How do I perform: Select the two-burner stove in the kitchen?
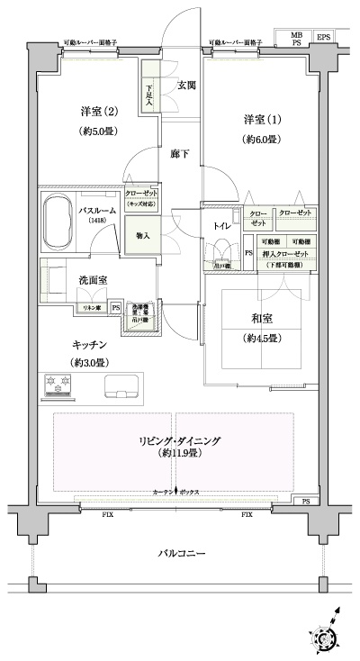59,386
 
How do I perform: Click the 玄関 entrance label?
186,86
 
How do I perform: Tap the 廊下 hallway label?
181,154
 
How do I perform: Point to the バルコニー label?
180,552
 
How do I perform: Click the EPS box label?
323,37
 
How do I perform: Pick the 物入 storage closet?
142,236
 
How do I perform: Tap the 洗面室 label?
93,281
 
